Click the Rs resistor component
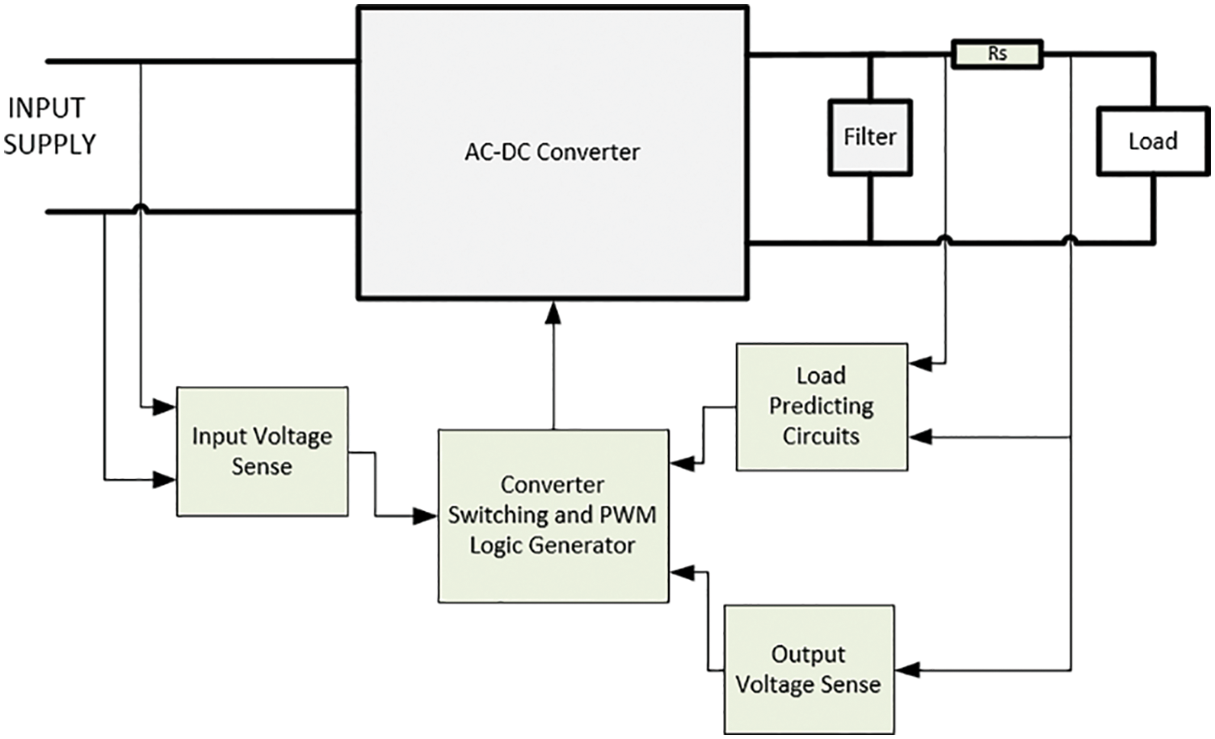tap(997, 54)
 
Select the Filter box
tap(870, 137)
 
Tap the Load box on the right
tap(1153, 141)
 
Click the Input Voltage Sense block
tap(262, 451)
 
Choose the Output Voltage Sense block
tap(809, 669)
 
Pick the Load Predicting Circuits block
tap(822, 406)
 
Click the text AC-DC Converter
tap(553, 153)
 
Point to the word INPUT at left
tap(46, 108)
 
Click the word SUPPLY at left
tap(50, 145)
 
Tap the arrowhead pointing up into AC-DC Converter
tap(553, 313)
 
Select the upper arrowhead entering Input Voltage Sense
tap(164, 406)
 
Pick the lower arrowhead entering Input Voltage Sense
tap(164, 479)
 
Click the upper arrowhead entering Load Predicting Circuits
tap(920, 363)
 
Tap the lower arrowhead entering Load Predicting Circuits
tap(920, 436)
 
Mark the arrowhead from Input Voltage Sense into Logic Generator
tap(425, 516)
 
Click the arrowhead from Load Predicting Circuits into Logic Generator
tap(682, 464)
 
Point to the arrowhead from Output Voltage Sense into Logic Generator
tap(682, 573)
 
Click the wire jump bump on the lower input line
tap(141, 208)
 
